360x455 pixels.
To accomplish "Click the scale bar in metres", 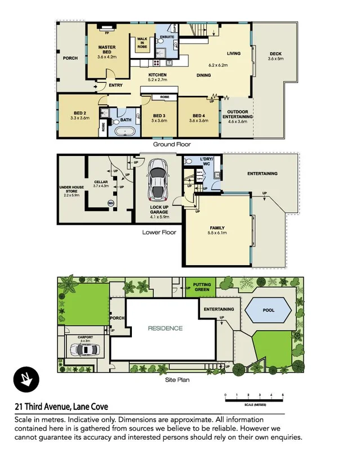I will [x=254, y=400].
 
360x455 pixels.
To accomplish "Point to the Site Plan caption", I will [x=177, y=380].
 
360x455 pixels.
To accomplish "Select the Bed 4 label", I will [x=199, y=117].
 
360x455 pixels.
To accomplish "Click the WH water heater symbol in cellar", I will [x=110, y=203].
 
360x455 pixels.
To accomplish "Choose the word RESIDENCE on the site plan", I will [x=165, y=328].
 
